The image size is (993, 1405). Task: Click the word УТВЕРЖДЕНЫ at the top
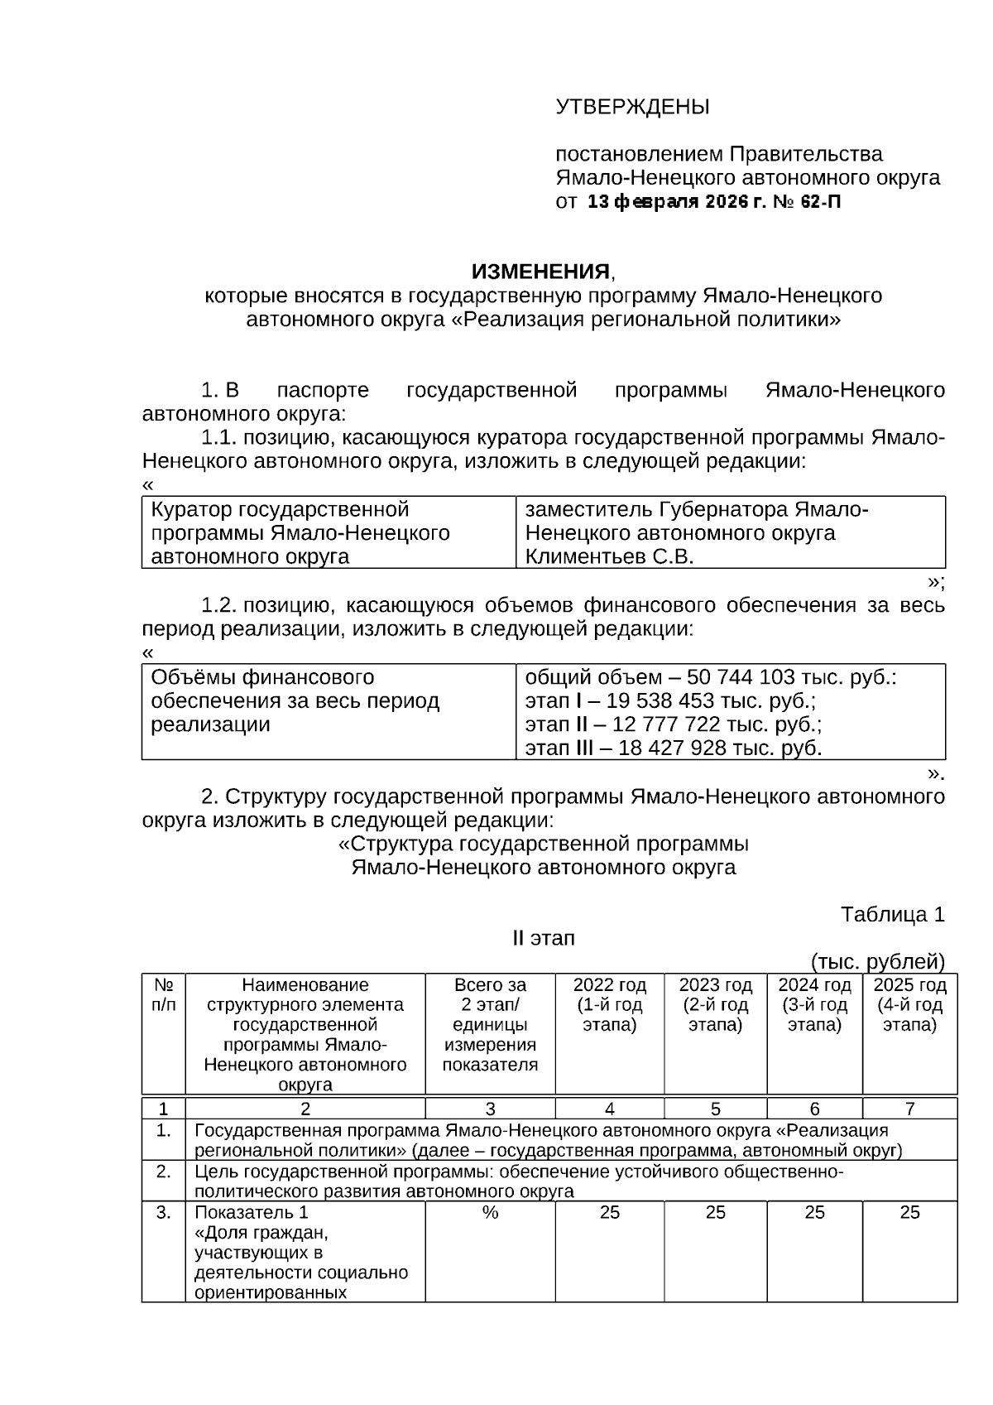pyautogui.click(x=632, y=108)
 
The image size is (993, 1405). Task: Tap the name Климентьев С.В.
pyautogui.click(x=609, y=556)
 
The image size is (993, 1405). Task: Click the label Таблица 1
pyautogui.click(x=892, y=914)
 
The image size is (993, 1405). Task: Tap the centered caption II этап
pyautogui.click(x=544, y=938)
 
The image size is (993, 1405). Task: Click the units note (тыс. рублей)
pyautogui.click(x=877, y=961)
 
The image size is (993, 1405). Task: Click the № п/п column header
pyautogui.click(x=164, y=994)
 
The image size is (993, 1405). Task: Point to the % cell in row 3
pyautogui.click(x=490, y=1212)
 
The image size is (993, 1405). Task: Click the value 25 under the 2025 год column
pyautogui.click(x=909, y=1212)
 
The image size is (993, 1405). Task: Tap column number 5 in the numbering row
pyautogui.click(x=715, y=1109)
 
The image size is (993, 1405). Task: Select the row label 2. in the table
pyautogui.click(x=164, y=1172)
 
